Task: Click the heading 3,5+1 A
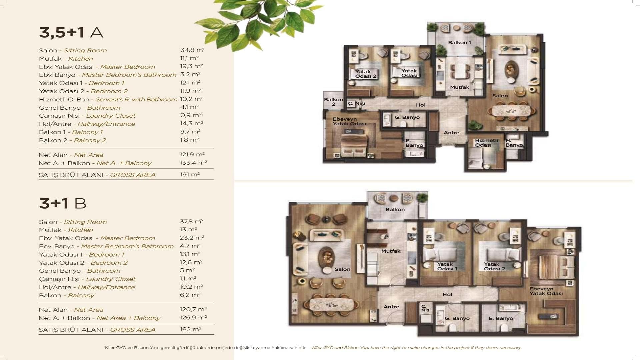tap(71, 32)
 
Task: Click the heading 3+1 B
tap(63, 203)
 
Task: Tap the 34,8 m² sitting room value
tap(193, 50)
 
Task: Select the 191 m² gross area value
tap(190, 174)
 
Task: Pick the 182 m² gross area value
tap(190, 329)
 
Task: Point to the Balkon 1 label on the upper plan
tap(459, 43)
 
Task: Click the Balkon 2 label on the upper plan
tap(333, 102)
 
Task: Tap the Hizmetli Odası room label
tap(486, 143)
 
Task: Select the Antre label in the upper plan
tap(451, 133)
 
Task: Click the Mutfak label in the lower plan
tap(391, 251)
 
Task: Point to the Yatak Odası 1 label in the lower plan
tap(447, 266)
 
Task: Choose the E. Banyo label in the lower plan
tap(501, 318)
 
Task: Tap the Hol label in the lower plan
tap(447, 294)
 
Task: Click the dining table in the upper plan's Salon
tap(511, 111)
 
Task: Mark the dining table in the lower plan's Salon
tap(331, 304)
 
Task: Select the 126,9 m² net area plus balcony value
tap(193, 318)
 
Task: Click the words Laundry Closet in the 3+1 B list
tap(111, 279)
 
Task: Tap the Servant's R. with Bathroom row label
tap(136, 99)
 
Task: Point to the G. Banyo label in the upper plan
tap(407, 117)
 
